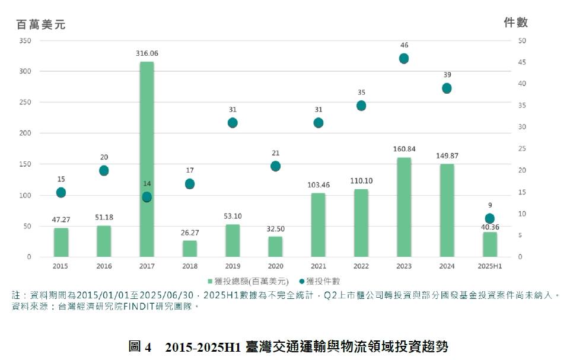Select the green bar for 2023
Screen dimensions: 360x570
[x=404, y=207]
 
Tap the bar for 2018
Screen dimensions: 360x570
[x=189, y=249]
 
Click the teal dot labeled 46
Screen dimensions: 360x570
[x=404, y=58]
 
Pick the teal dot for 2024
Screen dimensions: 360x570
[x=447, y=88]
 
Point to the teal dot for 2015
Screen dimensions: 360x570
[x=60, y=192]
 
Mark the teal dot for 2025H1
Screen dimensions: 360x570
[x=489, y=218]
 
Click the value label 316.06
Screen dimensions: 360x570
[x=147, y=53]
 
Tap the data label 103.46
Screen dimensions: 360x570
[x=318, y=185]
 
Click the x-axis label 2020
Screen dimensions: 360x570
[x=275, y=266]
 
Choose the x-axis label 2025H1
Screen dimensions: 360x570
[x=489, y=266]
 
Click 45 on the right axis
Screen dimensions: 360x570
[x=521, y=62]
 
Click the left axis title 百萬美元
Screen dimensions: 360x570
[x=41, y=24]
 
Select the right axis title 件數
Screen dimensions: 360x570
[x=515, y=23]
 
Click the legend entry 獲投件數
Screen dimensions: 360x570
[x=323, y=281]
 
